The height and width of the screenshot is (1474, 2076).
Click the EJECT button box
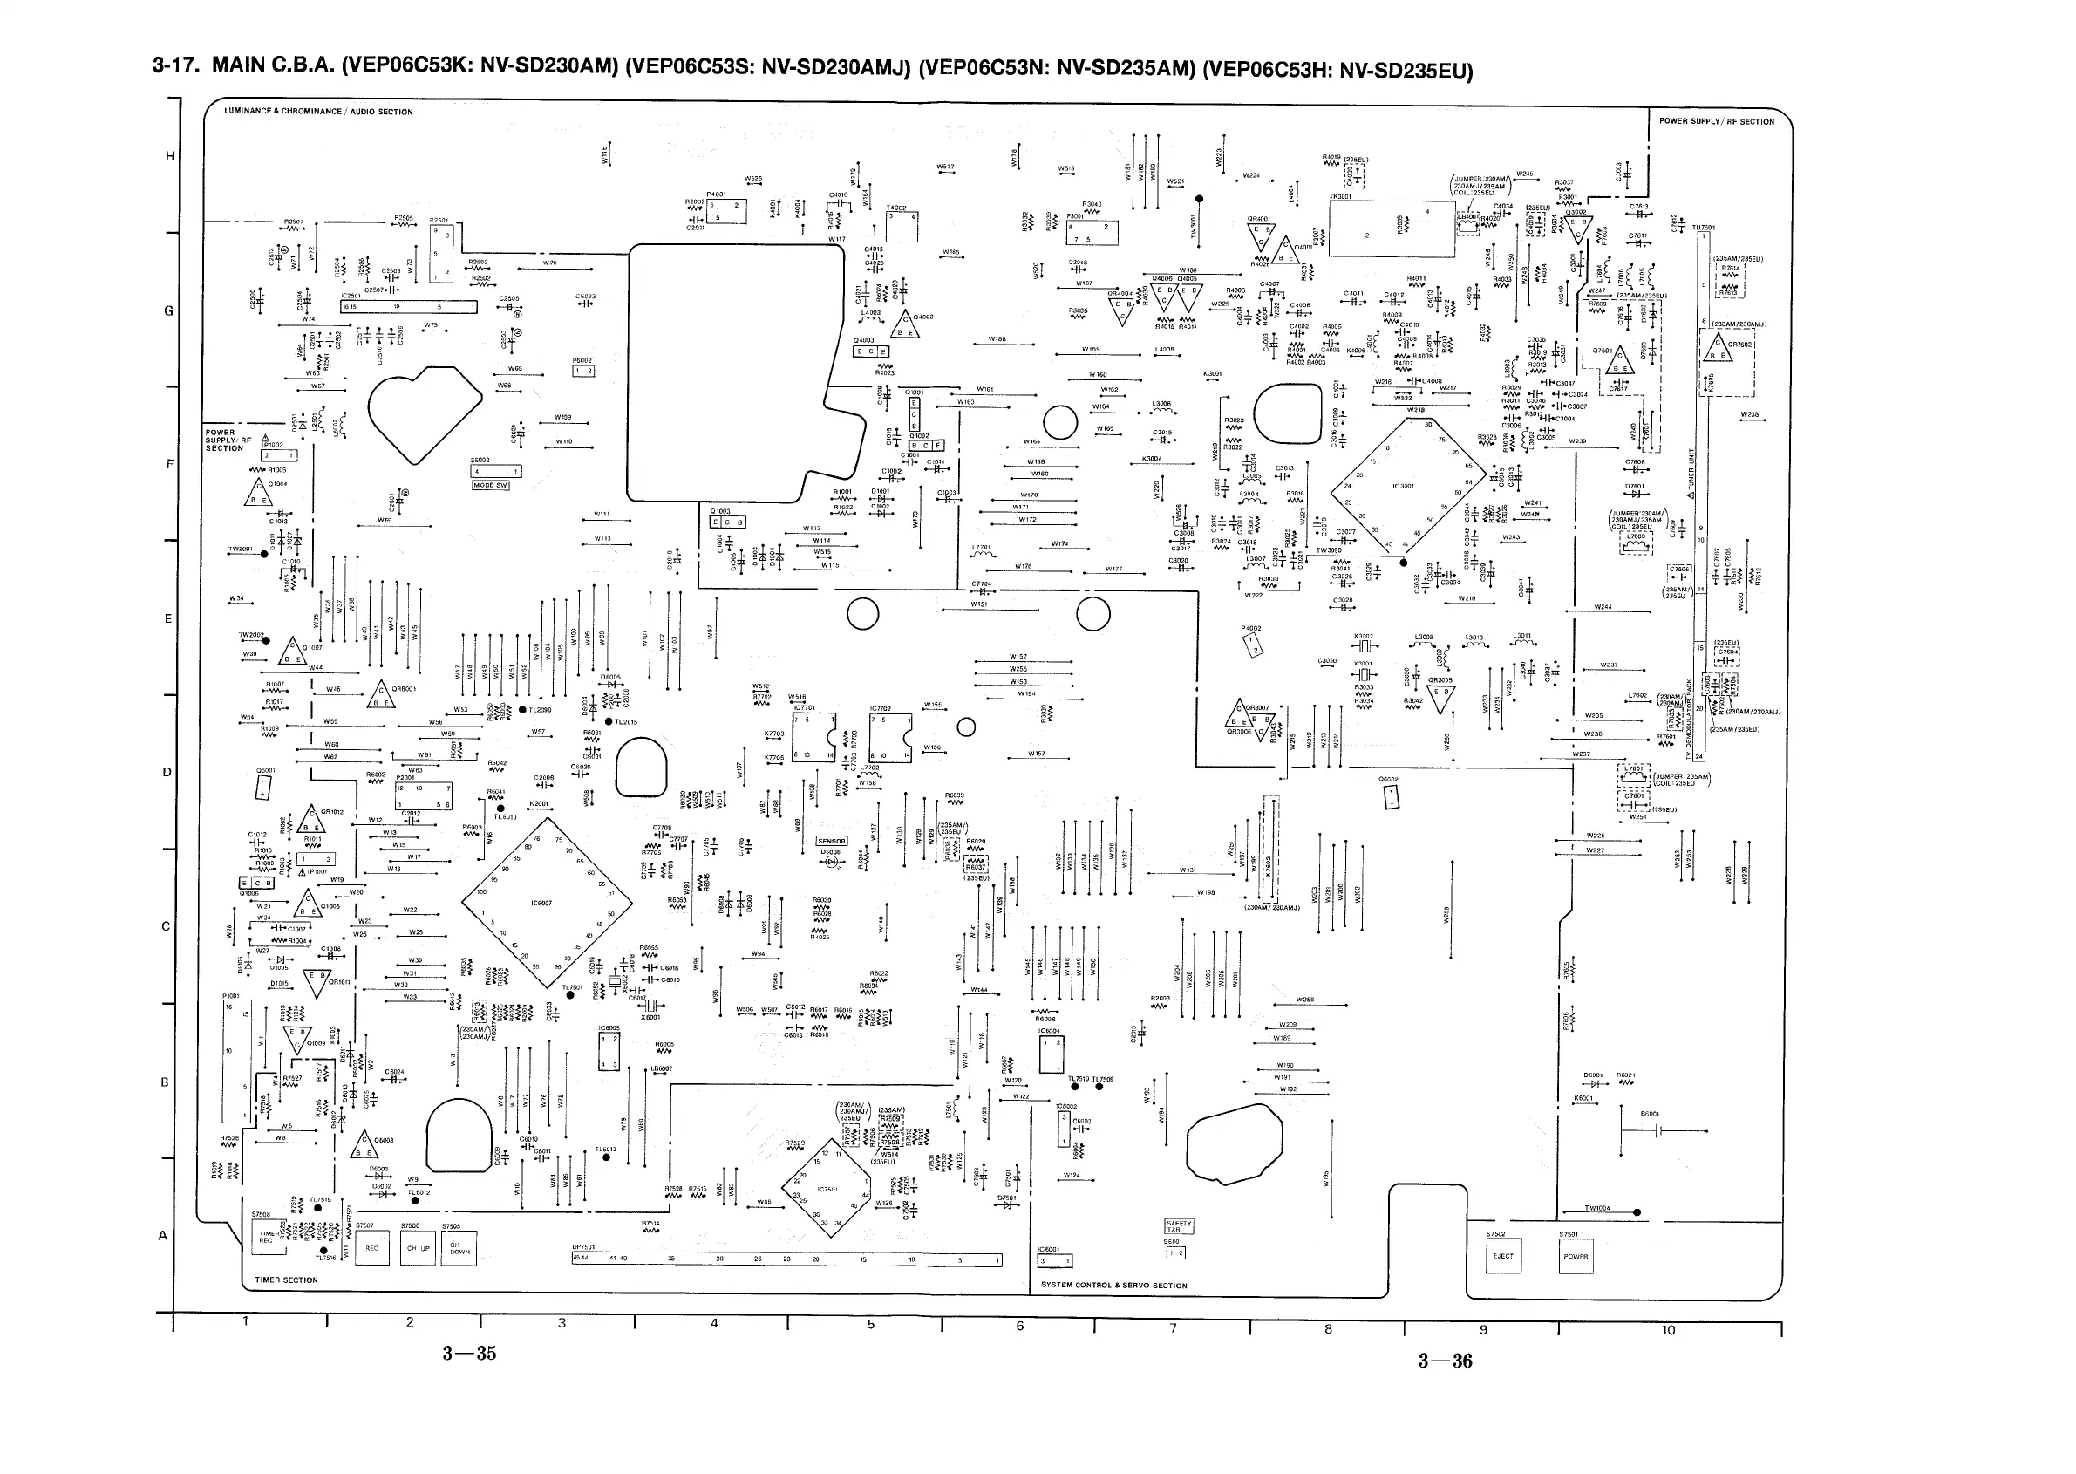(x=1503, y=1256)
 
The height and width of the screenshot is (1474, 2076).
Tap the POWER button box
(x=1576, y=1256)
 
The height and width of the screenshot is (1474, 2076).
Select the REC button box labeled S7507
(x=372, y=1248)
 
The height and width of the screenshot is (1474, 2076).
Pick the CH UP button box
(x=419, y=1248)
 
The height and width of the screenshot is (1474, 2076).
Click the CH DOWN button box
(x=459, y=1248)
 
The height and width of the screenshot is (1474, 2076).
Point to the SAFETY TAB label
(x=1179, y=1226)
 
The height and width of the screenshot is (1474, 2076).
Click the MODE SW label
(x=490, y=486)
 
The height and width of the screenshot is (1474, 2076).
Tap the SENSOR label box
(x=831, y=842)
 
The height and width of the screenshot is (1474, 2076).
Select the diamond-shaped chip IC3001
(x=1407, y=485)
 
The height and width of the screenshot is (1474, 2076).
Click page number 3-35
(x=469, y=1354)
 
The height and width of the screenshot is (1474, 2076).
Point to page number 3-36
(x=1446, y=1361)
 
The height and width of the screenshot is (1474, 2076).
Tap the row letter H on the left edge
(x=170, y=156)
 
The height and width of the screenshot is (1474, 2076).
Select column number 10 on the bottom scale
(x=1668, y=1331)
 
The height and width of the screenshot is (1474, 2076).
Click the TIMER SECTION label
(x=287, y=1280)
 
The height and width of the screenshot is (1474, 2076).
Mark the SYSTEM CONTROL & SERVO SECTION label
(x=1113, y=1286)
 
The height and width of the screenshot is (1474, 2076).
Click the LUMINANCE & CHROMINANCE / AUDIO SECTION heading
(x=318, y=112)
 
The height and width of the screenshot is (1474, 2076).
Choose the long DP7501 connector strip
(x=786, y=1259)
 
